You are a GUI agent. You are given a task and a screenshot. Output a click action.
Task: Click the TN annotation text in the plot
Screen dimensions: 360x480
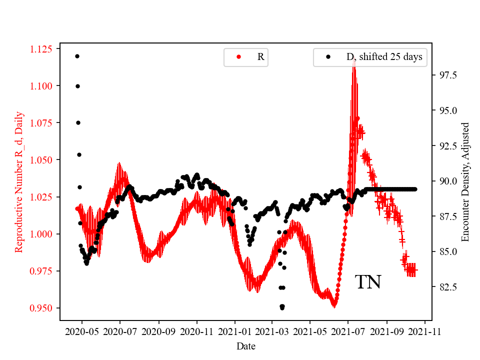coord(368,282)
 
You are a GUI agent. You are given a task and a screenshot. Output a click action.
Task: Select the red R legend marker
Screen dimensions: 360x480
coord(238,57)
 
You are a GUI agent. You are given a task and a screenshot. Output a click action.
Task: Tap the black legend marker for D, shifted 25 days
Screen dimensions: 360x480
coord(328,57)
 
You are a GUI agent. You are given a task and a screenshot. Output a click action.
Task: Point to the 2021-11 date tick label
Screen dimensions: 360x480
coord(425,331)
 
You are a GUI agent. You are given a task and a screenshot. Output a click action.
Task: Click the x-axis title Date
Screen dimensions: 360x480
coord(246,345)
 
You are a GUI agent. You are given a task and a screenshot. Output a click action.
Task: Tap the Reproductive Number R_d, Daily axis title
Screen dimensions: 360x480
coord(18,181)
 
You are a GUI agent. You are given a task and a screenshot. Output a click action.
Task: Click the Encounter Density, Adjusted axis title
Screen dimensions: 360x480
coord(465,181)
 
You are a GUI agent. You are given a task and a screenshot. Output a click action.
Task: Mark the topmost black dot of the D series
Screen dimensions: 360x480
coord(77,56)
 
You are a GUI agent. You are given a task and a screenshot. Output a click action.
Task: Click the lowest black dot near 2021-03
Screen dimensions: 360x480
coord(282,306)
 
